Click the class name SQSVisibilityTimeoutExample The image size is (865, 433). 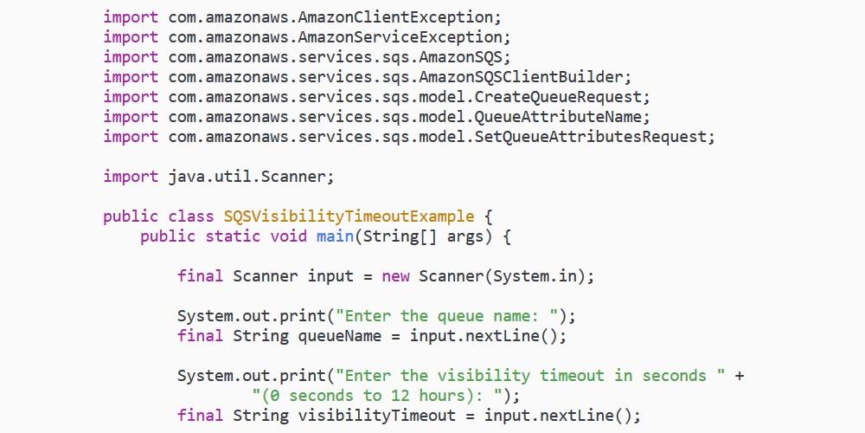pyautogui.click(x=349, y=216)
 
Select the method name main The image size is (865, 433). pyautogui.click(x=335, y=236)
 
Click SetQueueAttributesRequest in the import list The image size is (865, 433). pyautogui.click(x=591, y=137)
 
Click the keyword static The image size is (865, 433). pyautogui.click(x=233, y=236)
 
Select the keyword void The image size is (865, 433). pyautogui.click(x=289, y=236)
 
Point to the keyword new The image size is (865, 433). pyautogui.click(x=395, y=276)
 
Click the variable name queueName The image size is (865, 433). pyautogui.click(x=340, y=336)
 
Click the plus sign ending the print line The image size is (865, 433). pyautogui.click(x=740, y=376)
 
